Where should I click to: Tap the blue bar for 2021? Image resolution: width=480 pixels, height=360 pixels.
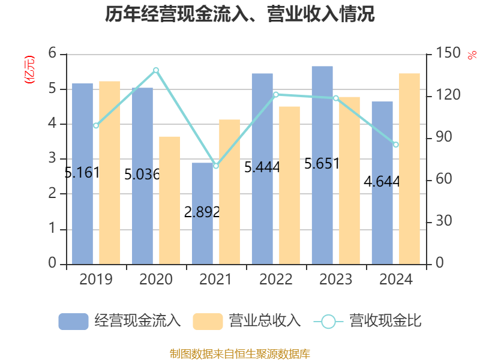[202, 240]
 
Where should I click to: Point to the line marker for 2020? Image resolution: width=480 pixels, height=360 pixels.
[156, 70]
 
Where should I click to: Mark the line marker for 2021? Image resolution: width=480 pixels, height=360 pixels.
[216, 166]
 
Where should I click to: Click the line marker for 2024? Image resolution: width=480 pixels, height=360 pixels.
[396, 145]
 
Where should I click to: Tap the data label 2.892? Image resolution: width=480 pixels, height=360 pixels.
[202, 212]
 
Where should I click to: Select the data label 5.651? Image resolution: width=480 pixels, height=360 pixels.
[322, 163]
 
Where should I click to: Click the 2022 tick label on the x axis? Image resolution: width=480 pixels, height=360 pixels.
[276, 279]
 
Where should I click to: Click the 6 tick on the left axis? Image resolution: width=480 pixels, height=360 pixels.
[52, 54]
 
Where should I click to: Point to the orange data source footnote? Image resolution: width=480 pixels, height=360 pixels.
[240, 353]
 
